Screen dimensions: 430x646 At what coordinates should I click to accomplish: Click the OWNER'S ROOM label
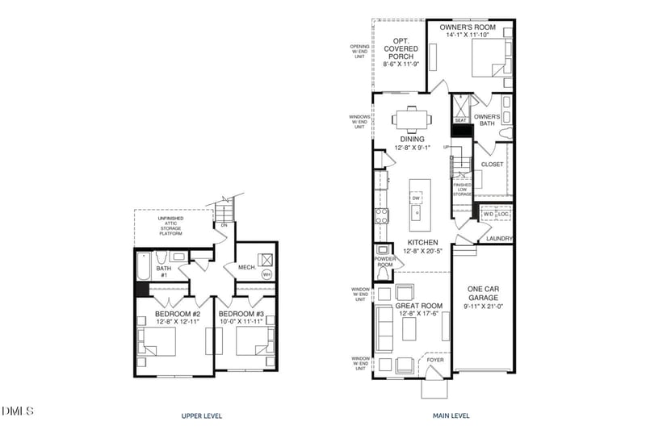(467, 28)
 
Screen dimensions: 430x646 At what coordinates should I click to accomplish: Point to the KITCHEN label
(422, 242)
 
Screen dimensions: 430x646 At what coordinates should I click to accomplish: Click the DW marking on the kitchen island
(416, 198)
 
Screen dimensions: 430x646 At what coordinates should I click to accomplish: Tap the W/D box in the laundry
(489, 215)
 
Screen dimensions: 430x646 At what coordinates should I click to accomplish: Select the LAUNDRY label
(500, 239)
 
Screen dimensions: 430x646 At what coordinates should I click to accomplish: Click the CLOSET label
(492, 165)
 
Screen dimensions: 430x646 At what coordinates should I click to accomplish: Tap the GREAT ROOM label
(418, 306)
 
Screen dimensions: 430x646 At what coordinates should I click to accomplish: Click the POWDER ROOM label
(384, 262)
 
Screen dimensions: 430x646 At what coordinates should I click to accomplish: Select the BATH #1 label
(162, 272)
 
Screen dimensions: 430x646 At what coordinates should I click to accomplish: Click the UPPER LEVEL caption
(202, 416)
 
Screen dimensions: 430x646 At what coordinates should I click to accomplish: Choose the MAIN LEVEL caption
(450, 416)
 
